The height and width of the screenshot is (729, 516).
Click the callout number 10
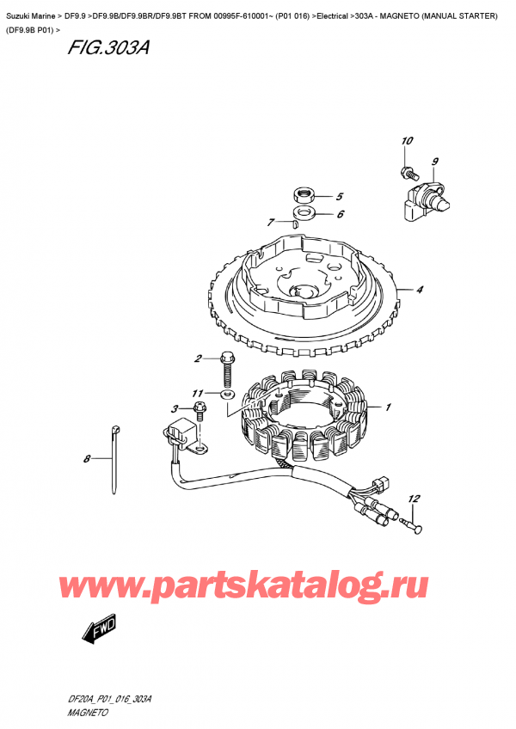coord(407,140)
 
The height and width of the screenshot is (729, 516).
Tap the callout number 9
coord(434,162)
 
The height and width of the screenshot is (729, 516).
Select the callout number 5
coord(340,197)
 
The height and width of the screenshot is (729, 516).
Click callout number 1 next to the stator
coord(388,407)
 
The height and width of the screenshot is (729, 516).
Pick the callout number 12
coord(414,499)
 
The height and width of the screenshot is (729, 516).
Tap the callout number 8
coord(87,459)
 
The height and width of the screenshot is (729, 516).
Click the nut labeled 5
coord(304,194)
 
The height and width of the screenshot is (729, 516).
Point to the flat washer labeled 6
coord(304,214)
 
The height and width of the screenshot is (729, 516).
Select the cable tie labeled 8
coord(114,459)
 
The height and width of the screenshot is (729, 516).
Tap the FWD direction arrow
coord(99,629)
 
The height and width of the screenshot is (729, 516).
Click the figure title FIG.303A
coord(108,47)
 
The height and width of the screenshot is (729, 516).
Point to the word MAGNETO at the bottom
coord(88,713)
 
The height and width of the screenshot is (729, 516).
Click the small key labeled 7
coord(294,225)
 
